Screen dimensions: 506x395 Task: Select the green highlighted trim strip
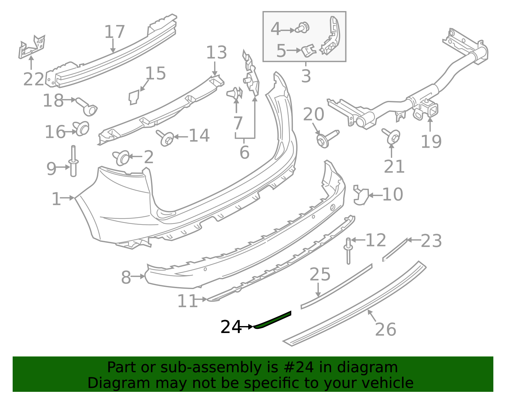pyautogui.click(x=272, y=320)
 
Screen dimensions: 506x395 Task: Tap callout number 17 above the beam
pyautogui.click(x=114, y=32)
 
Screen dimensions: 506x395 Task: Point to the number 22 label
pyautogui.click(x=34, y=79)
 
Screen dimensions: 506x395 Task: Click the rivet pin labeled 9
pyautogui.click(x=73, y=161)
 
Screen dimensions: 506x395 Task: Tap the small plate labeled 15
pyautogui.click(x=134, y=97)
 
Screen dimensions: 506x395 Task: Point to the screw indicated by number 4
pyautogui.click(x=302, y=28)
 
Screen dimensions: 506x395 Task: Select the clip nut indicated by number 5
pyautogui.click(x=309, y=51)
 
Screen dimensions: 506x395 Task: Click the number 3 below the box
pyautogui.click(x=306, y=76)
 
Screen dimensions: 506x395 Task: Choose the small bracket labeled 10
pyautogui.click(x=361, y=195)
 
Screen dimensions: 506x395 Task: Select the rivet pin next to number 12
pyautogui.click(x=349, y=251)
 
